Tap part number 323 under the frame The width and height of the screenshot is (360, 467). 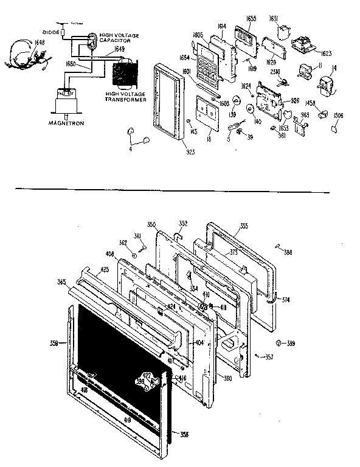(173, 151)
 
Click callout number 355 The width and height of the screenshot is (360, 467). (243, 226)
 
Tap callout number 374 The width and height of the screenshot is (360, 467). (285, 300)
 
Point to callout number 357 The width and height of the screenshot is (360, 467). (268, 356)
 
